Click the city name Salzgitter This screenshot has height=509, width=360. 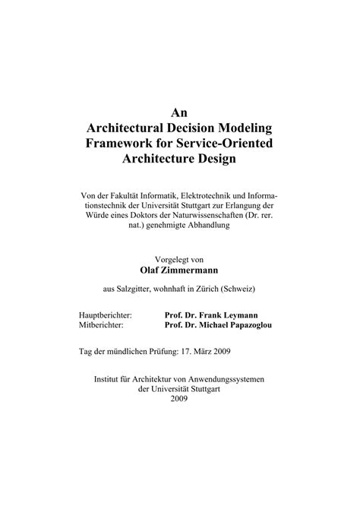(143, 289)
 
